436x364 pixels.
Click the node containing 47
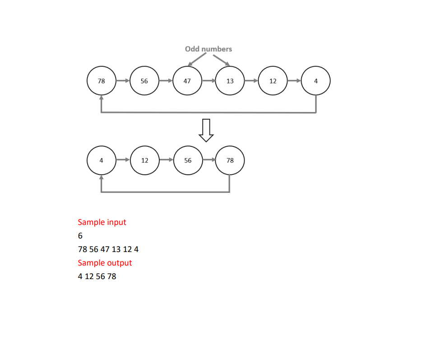pos(187,81)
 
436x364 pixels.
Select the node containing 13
pos(230,81)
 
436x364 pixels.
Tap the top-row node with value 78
pos(101,81)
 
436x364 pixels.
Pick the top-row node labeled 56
pos(144,81)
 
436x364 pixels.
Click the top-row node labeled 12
pos(273,81)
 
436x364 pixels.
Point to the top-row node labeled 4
pos(315,81)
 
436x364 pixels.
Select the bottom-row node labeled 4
pos(101,160)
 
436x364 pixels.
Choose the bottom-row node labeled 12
pos(144,160)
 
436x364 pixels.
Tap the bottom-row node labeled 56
pos(187,160)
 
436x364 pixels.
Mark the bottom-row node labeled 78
pos(230,160)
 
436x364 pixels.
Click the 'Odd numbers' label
pos(208,49)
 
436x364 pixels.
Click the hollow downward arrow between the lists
pos(206,131)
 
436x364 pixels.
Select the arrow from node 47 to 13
pos(209,81)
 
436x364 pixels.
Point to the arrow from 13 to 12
pos(251,81)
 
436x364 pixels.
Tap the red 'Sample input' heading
pos(102,222)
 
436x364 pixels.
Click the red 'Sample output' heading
pos(105,263)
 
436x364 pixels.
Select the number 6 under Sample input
pos(80,236)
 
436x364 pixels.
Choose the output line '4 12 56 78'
pos(97,276)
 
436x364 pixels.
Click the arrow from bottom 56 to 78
pos(209,160)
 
